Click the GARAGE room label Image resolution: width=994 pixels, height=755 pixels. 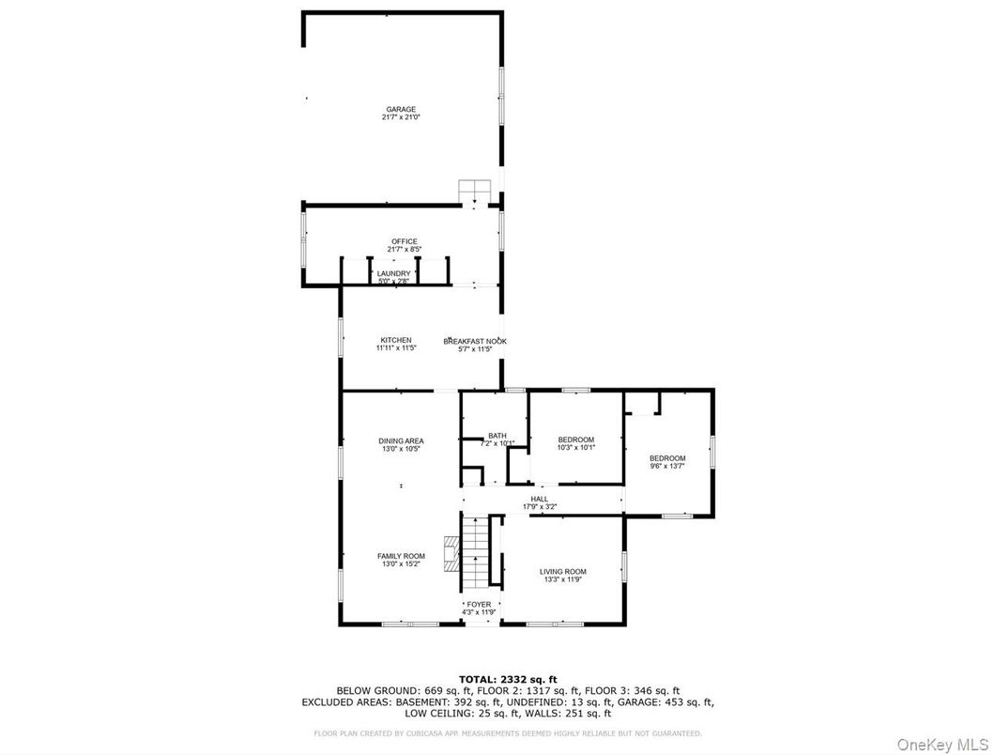click(401, 110)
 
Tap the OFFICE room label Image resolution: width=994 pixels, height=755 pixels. click(405, 242)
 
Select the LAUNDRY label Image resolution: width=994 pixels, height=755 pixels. click(394, 273)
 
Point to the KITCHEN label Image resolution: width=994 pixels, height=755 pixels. click(395, 340)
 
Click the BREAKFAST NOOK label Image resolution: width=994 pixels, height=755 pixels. click(475, 341)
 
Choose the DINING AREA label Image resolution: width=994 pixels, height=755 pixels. click(401, 441)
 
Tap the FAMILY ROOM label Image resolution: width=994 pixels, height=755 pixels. click(401, 556)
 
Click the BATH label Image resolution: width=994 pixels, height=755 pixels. click(497, 436)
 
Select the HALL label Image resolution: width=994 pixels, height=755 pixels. click(539, 500)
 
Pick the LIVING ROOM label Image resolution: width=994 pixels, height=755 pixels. click(563, 571)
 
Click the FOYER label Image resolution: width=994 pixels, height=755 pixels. click(479, 604)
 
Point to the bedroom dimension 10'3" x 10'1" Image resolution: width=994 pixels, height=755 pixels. click(576, 448)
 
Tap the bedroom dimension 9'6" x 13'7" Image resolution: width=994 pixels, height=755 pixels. click(667, 466)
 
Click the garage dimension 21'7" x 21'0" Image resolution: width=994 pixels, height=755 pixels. click(401, 117)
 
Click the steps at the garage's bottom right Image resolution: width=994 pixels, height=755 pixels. click(474, 191)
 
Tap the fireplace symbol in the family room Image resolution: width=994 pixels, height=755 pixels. click(451, 554)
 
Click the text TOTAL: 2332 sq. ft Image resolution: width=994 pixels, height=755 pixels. click(508, 679)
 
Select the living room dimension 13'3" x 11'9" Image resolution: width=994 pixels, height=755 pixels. click(563, 579)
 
